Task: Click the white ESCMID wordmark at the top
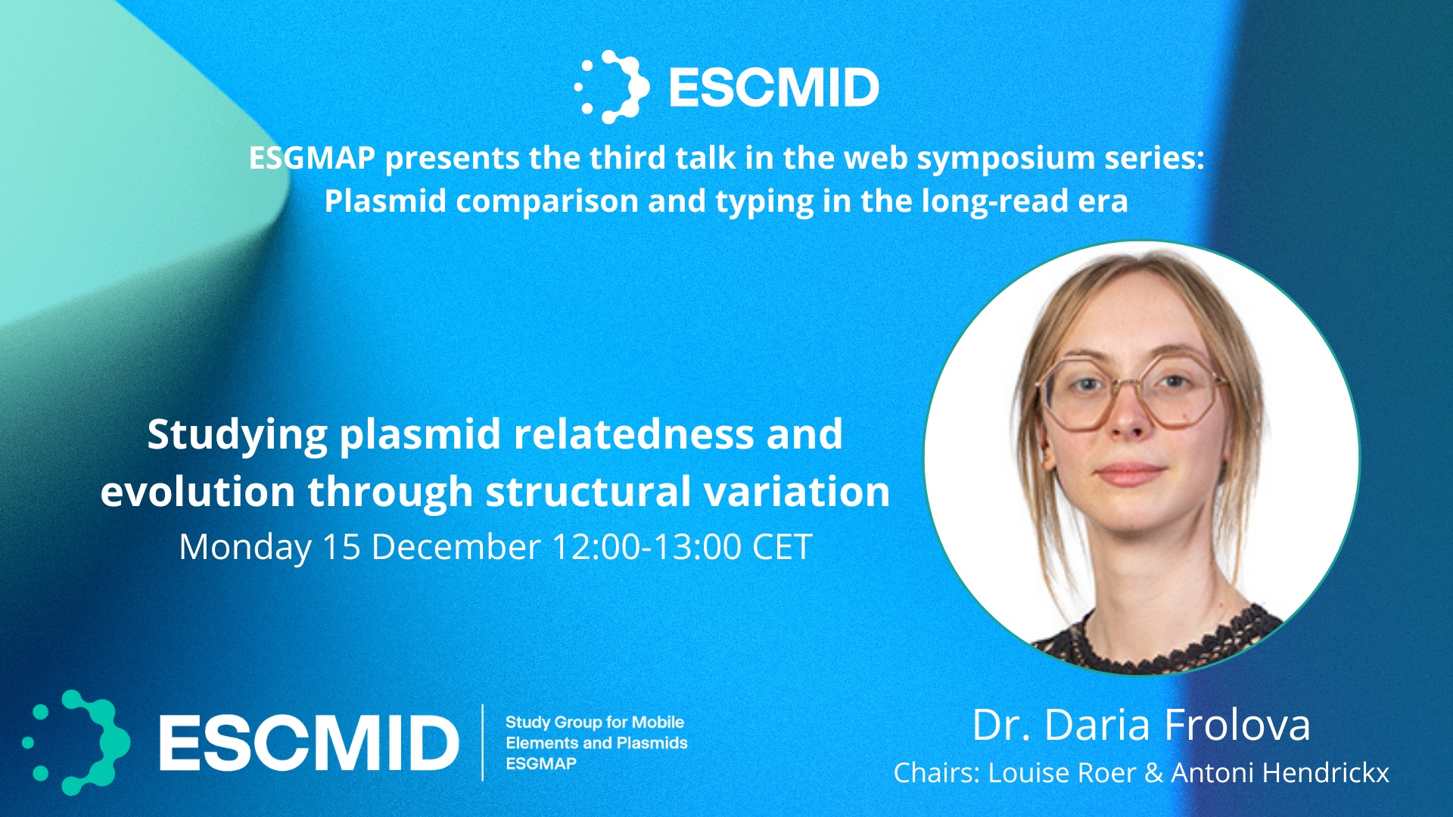coord(773,87)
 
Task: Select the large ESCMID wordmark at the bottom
coord(309,742)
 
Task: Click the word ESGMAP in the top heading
coord(312,158)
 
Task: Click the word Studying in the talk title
coord(237,436)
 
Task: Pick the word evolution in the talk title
coord(198,492)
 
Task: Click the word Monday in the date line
coord(245,547)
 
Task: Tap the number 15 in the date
coord(341,547)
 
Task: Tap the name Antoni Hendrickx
coord(1280,773)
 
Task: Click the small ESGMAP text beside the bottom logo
coord(541,763)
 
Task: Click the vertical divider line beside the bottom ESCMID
coord(483,742)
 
